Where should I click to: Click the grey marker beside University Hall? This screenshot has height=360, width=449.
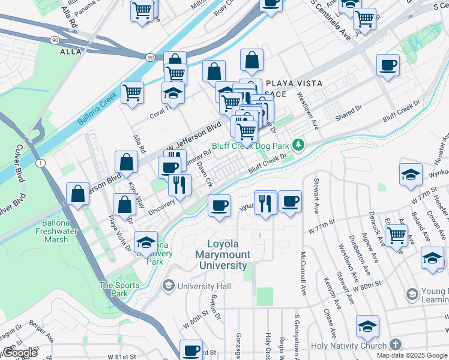169,284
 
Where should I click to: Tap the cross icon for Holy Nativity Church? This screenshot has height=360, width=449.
394,344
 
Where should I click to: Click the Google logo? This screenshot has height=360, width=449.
20,353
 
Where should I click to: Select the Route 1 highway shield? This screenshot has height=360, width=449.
40,163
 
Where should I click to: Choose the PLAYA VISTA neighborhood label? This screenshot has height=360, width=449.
294,83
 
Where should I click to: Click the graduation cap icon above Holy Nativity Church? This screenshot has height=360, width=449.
367,326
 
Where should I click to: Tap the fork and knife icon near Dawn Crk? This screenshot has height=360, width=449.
178,185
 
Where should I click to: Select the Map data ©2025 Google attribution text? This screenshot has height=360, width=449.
412,355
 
